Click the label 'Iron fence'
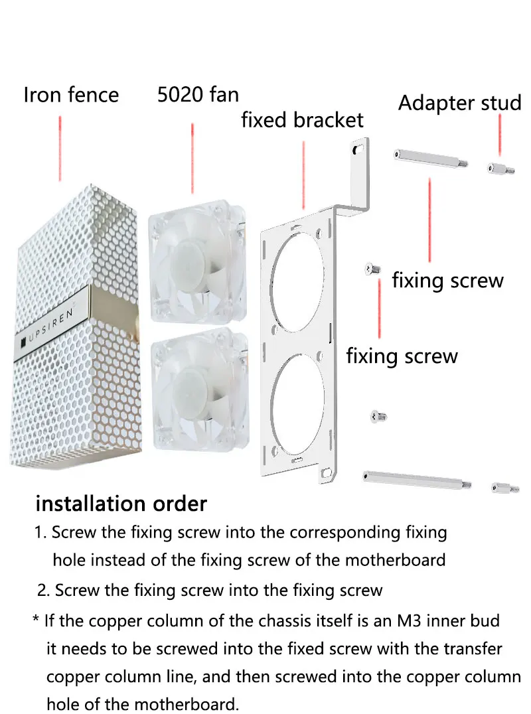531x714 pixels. pos(71,95)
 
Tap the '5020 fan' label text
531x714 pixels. pos(198,95)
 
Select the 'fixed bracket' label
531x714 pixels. pos(302,120)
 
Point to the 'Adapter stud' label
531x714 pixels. pos(459,104)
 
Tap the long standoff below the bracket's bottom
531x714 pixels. pos(416,478)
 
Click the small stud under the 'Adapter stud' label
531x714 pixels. pos(498,169)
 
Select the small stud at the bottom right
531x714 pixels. pos(504,488)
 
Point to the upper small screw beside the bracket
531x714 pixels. pos(372,269)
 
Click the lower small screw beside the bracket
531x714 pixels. pos(378,416)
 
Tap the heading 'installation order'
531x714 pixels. pos(121,504)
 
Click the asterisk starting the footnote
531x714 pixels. pos(36,621)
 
